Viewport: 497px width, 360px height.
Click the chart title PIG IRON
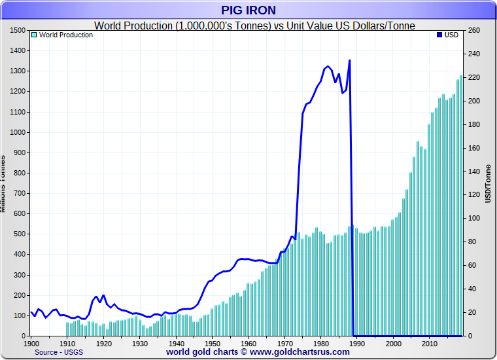[248, 10]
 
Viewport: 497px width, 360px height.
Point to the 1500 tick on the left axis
[18, 31]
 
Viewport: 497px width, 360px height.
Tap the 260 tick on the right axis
[474, 31]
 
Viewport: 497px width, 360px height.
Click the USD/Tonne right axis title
[487, 183]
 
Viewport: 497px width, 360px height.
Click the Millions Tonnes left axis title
[3, 183]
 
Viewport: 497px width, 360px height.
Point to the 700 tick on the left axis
[19, 194]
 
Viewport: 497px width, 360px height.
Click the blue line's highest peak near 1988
[350, 60]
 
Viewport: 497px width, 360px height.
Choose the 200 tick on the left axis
[19, 295]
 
